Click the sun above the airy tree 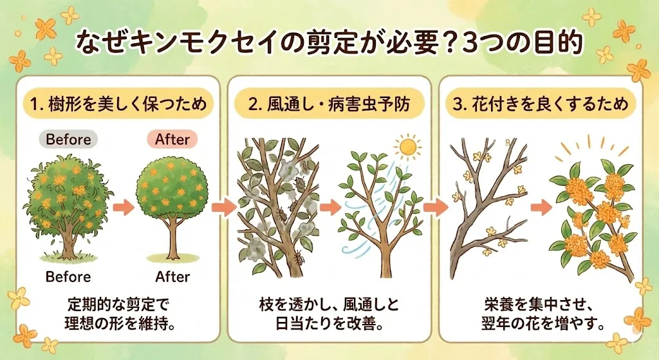(x=407, y=147)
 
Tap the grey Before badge (x=68, y=138)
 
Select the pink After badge (x=173, y=138)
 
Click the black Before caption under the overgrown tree (x=68, y=277)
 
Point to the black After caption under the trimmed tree (x=173, y=277)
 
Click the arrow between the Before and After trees (x=122, y=207)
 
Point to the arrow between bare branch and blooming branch (x=538, y=208)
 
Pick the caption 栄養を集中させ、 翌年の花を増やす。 (x=543, y=312)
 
